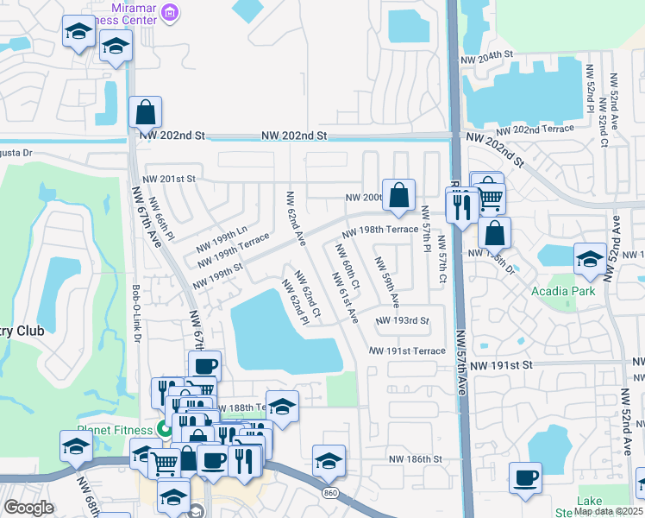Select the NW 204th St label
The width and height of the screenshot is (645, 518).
[x=487, y=54]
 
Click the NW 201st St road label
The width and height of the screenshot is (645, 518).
[x=169, y=178]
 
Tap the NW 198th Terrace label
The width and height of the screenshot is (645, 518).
[x=379, y=232]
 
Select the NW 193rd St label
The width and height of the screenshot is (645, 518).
[x=402, y=320]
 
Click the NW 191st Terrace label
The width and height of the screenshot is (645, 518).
[x=407, y=351]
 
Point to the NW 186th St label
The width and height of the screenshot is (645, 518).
[x=415, y=459]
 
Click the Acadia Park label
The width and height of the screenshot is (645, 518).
[x=562, y=291]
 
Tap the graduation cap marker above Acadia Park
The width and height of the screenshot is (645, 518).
[x=590, y=259]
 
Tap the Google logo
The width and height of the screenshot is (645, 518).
[x=29, y=508]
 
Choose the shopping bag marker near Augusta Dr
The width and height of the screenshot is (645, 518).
[x=146, y=112]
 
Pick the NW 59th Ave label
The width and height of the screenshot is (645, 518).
[x=385, y=280]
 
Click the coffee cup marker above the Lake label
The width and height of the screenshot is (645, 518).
[x=525, y=477]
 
